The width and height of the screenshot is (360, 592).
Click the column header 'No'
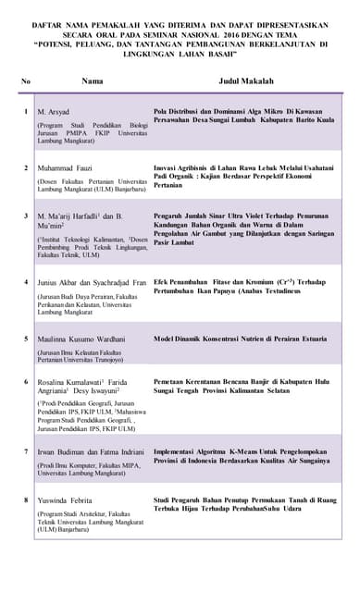coord(25,81)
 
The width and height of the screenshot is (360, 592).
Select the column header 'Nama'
coord(93,81)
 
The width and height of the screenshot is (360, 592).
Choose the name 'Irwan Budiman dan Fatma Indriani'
coord(92,451)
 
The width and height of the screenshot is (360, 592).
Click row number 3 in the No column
coord(25,215)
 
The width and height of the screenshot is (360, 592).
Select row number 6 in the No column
coord(25,380)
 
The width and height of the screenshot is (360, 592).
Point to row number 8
coord(25,499)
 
